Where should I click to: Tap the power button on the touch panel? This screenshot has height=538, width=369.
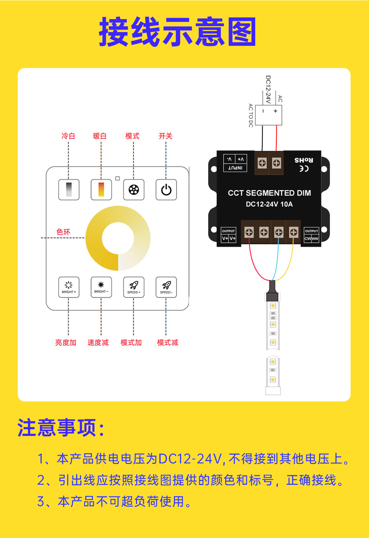pos(166,190)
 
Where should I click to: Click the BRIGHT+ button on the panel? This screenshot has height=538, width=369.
pos(69,287)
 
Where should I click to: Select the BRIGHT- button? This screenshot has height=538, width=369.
pos(101,287)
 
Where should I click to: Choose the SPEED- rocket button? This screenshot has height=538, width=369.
pos(166,287)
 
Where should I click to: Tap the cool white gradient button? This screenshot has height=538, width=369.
pos(69,190)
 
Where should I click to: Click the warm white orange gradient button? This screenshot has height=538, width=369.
pos(101,190)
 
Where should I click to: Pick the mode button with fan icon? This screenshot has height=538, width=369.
pos(134,190)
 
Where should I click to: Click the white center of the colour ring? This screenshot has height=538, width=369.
pos(118,238)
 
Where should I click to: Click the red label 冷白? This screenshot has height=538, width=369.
pos(68,136)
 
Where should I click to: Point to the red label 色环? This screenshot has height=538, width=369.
pos(64,232)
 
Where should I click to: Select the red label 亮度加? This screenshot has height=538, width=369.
pos(66,343)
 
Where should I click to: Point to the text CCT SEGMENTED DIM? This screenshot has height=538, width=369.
pos(269,193)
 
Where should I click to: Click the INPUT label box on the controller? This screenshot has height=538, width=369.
pos(235,163)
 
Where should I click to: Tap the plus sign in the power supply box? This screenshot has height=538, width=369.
pos(275,111)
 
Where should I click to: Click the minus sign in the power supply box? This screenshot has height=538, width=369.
pos(263,111)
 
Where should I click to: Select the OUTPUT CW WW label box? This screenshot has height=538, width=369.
pos(311,235)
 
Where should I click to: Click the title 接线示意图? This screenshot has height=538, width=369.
pos(178,32)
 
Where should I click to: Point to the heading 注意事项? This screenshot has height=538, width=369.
pos(61,428)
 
